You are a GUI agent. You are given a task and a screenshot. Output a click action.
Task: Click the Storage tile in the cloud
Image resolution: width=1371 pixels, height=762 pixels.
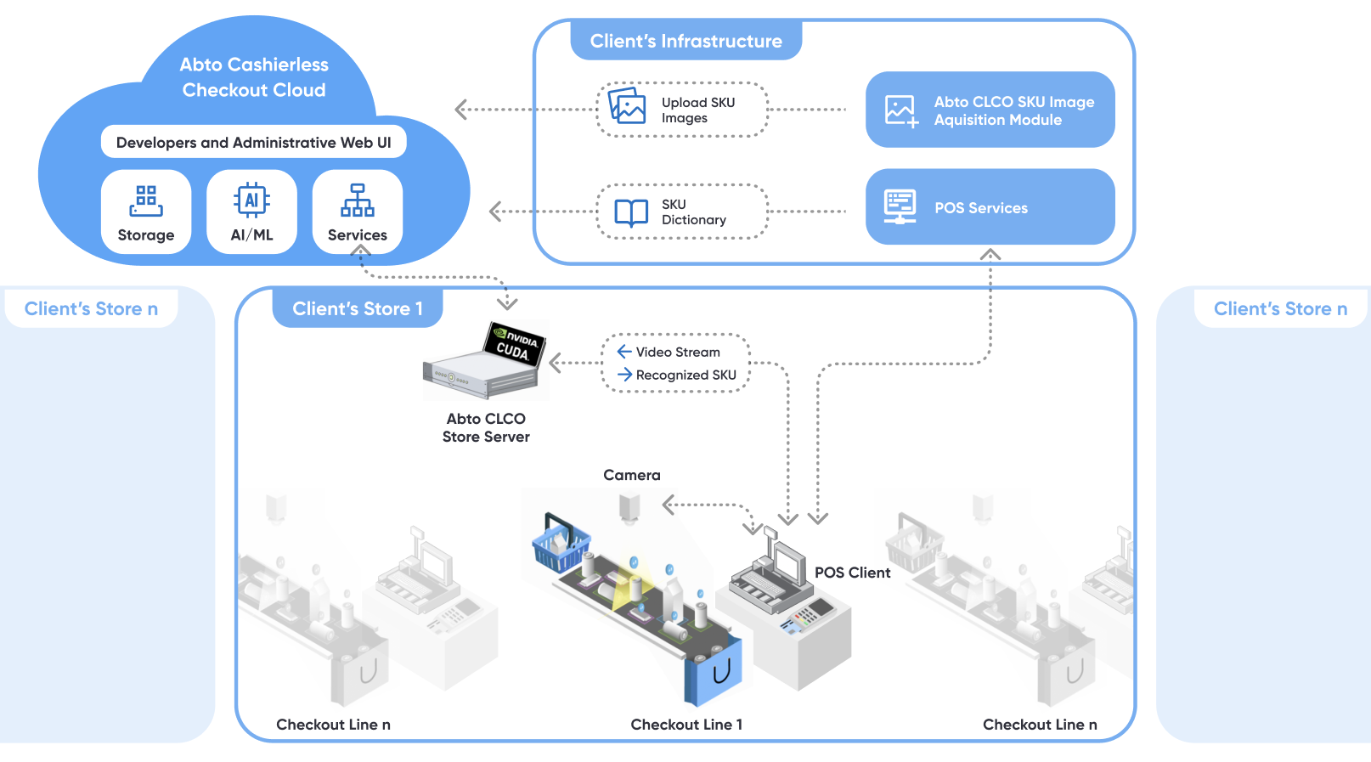point(146,212)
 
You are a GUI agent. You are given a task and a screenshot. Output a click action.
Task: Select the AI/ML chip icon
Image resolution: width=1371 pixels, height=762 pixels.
point(251,200)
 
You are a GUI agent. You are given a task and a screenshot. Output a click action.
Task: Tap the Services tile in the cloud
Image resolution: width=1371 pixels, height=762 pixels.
point(358,212)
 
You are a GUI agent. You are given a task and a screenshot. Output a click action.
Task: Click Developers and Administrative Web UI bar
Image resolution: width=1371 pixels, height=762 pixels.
point(253,143)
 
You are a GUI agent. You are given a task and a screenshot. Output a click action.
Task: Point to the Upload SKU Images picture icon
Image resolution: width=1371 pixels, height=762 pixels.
point(628,107)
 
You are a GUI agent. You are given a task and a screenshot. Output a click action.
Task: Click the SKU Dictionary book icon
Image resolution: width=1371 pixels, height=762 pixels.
point(631,212)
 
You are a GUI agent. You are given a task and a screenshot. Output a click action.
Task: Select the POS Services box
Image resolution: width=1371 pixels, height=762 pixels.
point(990,207)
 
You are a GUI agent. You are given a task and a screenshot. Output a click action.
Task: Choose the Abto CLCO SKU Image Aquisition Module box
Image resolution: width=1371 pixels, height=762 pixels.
point(990,110)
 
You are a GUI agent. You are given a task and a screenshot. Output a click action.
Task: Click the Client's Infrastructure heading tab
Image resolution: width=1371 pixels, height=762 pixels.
point(685,41)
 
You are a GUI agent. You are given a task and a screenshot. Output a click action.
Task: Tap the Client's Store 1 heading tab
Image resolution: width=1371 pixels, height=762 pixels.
point(358,308)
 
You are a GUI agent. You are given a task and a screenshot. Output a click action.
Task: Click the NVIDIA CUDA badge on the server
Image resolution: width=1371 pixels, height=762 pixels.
point(515,344)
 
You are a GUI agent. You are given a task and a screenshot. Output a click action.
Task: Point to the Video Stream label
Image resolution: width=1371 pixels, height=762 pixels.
point(677,352)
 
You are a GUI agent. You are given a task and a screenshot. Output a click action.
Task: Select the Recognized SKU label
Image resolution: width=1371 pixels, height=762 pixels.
point(685,375)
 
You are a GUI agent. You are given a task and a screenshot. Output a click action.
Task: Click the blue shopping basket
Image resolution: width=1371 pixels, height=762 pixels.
point(561,545)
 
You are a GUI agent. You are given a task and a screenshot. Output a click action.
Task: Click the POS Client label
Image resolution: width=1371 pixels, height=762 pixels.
point(852,573)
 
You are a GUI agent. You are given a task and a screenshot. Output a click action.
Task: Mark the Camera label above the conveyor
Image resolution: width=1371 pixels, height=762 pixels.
point(631,475)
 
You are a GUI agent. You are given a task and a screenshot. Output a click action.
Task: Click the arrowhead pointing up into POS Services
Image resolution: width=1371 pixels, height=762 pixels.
point(990,254)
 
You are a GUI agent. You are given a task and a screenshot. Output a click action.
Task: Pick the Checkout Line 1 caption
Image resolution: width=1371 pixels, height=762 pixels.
point(686,725)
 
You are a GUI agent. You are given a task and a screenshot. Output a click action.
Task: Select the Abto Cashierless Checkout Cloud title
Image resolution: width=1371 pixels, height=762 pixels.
point(254,77)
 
